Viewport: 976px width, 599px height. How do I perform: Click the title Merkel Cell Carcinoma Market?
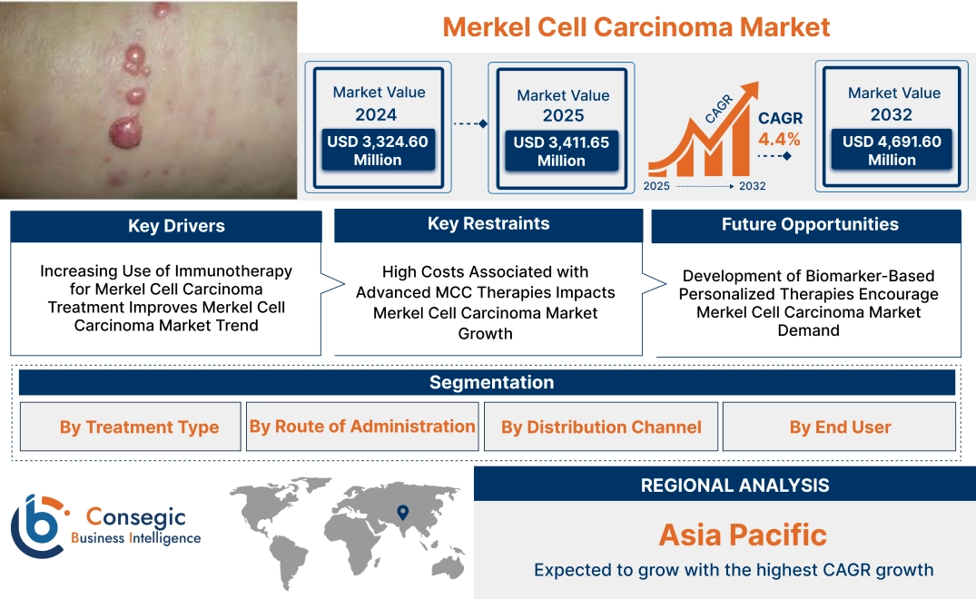[636, 26]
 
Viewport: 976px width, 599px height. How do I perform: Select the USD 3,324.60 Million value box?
[377, 151]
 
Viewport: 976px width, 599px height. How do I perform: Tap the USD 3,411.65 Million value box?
[561, 152]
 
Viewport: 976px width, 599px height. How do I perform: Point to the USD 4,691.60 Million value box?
[892, 151]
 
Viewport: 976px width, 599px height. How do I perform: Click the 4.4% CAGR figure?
[779, 139]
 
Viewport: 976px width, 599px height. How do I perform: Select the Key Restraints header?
[488, 224]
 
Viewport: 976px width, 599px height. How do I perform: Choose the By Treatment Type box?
[139, 427]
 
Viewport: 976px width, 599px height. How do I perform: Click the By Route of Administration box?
[362, 427]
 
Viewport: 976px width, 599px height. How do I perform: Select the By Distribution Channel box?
[601, 427]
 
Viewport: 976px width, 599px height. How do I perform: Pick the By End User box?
[840, 427]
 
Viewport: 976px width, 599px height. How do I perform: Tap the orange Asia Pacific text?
[743, 535]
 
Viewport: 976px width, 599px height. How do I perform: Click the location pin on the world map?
[402, 514]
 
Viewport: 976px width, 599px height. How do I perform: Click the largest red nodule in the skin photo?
[126, 134]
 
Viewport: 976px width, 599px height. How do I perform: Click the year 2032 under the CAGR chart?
[752, 186]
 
